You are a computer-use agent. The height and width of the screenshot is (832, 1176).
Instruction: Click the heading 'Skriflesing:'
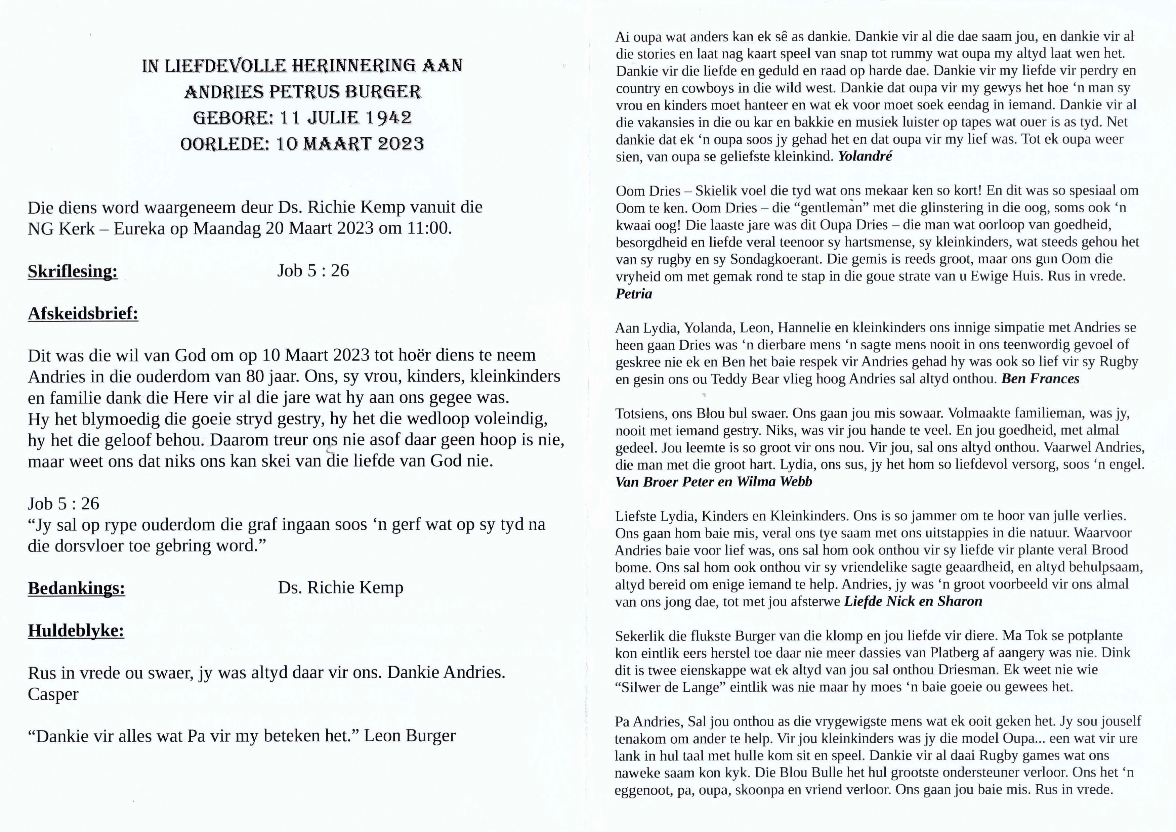coord(73,271)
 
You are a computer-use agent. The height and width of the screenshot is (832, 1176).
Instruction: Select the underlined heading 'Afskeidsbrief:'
coord(83,313)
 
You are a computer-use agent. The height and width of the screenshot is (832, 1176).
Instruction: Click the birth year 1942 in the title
coord(388,118)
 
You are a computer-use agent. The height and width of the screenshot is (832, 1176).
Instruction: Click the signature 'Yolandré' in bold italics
coord(865,156)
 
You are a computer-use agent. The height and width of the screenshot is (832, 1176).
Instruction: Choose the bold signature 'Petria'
coord(634,294)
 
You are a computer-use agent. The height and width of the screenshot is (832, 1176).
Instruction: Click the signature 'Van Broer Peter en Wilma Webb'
coord(713,482)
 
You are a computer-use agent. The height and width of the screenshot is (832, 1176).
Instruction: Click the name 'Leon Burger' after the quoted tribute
coord(410,736)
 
